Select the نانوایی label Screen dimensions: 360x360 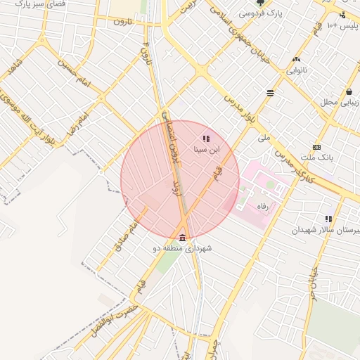click(296, 70)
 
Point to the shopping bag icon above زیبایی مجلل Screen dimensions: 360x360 click(349, 91)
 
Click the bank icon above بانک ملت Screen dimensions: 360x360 click(316, 147)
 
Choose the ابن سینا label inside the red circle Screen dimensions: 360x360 click(207, 149)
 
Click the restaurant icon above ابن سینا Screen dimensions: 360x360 click(205, 139)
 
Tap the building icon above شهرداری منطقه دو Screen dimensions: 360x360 click(183, 238)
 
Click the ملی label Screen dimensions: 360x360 click(264, 138)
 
